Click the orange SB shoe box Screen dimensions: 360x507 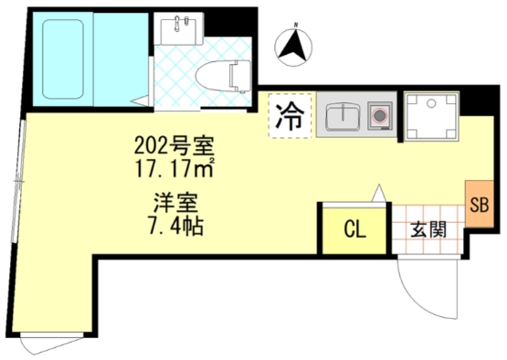point(480,205)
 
